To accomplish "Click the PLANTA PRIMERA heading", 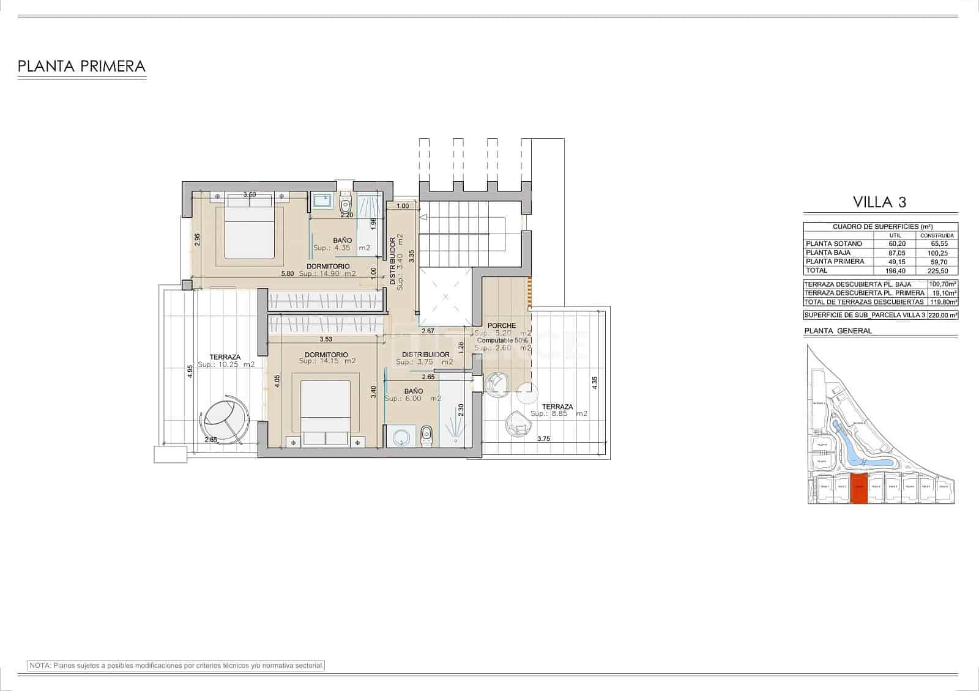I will point(81,67).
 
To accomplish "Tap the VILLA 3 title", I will point(880,202).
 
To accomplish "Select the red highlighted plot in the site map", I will point(859,489).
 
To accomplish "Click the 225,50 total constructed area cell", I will point(939,270).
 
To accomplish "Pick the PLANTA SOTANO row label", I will point(834,243).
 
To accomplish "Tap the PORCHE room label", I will point(502,325).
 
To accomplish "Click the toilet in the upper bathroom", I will point(346,203).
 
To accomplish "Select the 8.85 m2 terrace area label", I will point(559,414).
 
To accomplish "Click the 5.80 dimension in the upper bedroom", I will point(288,273).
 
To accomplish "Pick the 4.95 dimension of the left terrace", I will point(190,372).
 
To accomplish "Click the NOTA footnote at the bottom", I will point(176,665).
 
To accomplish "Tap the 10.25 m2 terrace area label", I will point(226,364).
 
